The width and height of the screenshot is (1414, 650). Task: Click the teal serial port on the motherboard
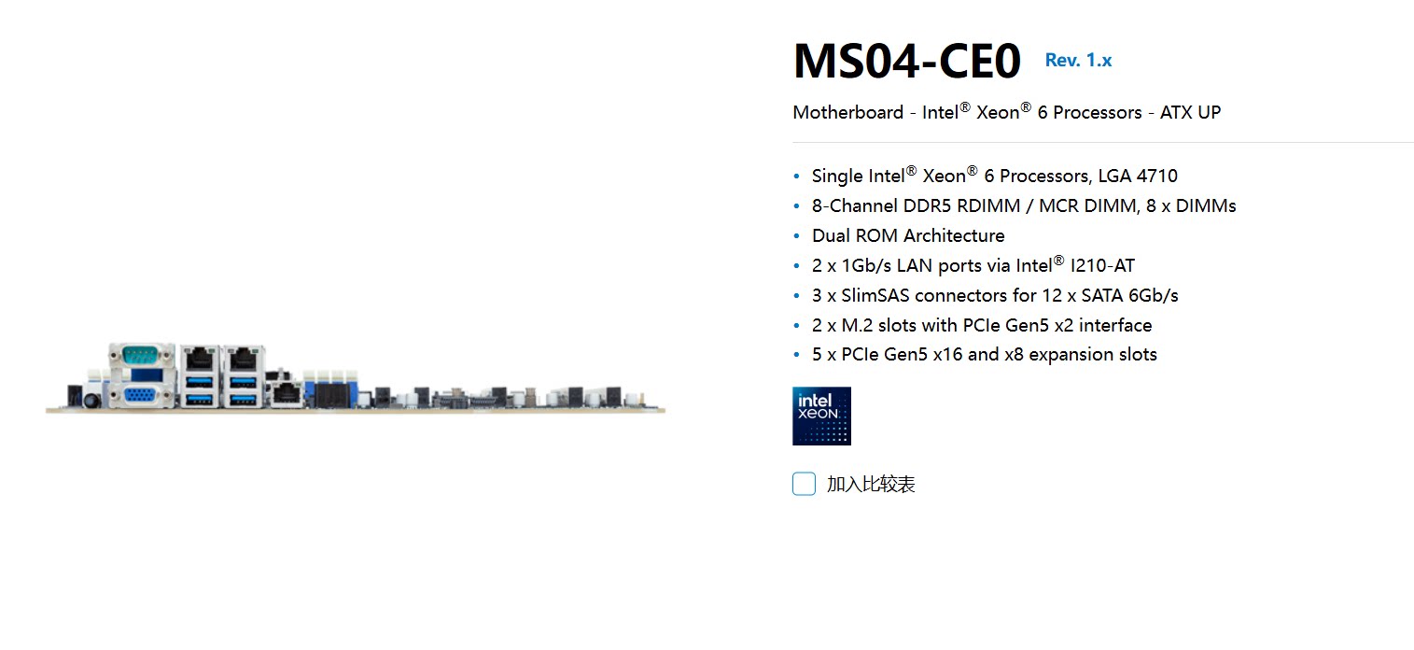(x=141, y=355)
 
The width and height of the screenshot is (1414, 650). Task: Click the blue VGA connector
(x=141, y=396)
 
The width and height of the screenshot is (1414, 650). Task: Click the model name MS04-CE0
(x=906, y=62)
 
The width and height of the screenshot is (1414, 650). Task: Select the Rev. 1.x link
(x=1078, y=61)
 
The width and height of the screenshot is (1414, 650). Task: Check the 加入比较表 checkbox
(x=804, y=484)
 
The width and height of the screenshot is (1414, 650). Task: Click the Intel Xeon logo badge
(x=821, y=416)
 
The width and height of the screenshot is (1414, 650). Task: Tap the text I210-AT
(x=1102, y=265)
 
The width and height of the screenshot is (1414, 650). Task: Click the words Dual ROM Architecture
(x=908, y=235)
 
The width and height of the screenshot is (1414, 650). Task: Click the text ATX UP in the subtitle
(x=1190, y=112)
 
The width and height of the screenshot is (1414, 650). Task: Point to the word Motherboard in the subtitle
(x=847, y=112)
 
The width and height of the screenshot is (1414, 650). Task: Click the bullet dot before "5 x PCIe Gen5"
(x=796, y=355)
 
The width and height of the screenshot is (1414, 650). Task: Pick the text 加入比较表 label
(x=871, y=484)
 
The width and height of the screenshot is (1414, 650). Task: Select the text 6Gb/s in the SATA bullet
(x=1154, y=295)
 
